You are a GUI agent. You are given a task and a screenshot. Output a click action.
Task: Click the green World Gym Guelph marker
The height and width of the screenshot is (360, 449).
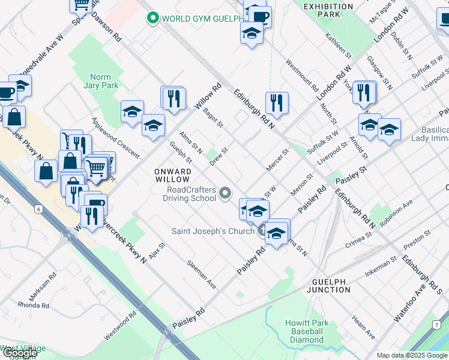(x=154, y=18)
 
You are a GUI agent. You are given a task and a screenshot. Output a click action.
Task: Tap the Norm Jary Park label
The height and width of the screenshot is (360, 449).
(x=104, y=81)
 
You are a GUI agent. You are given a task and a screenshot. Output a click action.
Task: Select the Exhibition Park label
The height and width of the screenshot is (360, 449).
(x=328, y=10)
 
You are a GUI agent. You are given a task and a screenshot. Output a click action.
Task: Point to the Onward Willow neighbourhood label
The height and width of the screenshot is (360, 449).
(x=173, y=175)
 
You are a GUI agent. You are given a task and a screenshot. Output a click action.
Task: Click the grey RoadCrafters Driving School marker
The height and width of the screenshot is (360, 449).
(x=226, y=193)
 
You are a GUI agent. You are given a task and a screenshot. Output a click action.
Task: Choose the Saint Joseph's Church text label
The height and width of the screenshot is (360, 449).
(x=212, y=231)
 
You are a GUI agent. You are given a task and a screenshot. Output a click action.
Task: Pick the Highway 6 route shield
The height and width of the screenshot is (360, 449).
(x=39, y=209)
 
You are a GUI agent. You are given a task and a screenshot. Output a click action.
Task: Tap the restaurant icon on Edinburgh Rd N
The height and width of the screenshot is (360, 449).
(x=277, y=103)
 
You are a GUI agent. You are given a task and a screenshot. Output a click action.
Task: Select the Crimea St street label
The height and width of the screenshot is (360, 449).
(x=360, y=242)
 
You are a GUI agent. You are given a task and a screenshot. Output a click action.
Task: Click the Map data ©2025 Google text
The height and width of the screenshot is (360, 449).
(x=412, y=355)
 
